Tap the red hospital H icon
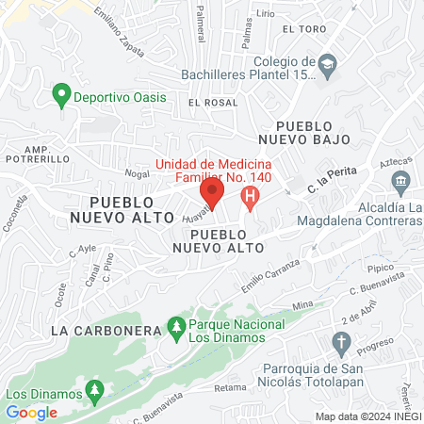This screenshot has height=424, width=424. pyautogui.click(x=250, y=197)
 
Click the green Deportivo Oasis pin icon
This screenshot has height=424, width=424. pyautogui.click(x=61, y=94)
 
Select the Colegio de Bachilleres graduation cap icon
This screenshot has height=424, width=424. pyautogui.click(x=327, y=64)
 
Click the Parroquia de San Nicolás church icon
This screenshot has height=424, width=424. pyautogui.click(x=341, y=340)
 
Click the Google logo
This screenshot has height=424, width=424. pyautogui.click(x=31, y=412)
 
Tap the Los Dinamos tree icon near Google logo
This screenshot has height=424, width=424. pyautogui.click(x=93, y=387)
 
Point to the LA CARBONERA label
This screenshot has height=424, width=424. pyautogui.click(x=92, y=331)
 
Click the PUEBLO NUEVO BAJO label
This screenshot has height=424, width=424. pyautogui.click(x=313, y=132)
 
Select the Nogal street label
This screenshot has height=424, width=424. pyautogui.click(x=137, y=173)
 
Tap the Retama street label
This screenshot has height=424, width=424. pyautogui.click(x=229, y=387)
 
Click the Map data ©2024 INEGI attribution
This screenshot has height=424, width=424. pyautogui.click(x=367, y=416)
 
